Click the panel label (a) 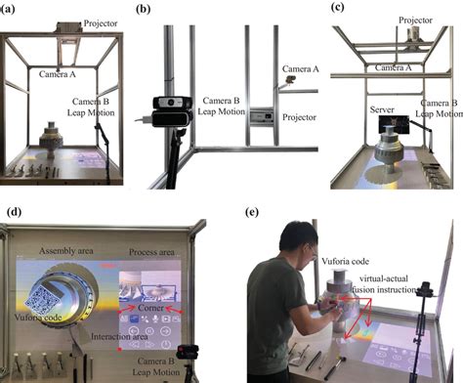[x=9, y=10]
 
